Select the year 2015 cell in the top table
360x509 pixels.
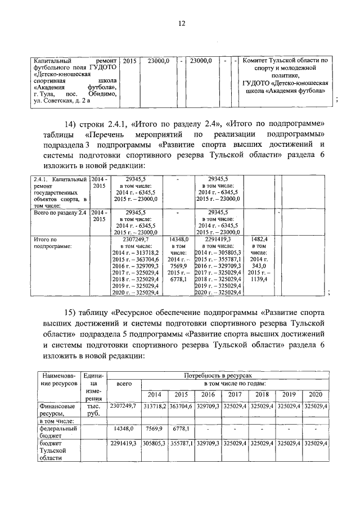129,60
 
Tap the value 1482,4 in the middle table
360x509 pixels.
259,238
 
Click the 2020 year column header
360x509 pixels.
316,393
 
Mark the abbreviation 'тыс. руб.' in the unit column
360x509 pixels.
90,409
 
